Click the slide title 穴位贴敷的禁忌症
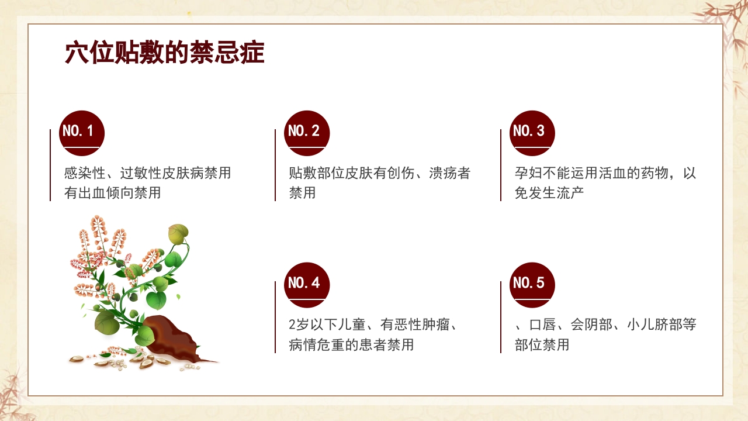tap(164, 53)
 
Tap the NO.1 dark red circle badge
tap(82, 133)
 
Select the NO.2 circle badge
tap(307, 133)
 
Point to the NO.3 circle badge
tap(532, 133)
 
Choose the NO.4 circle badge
tap(307, 285)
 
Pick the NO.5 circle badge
tap(532, 285)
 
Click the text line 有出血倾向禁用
tap(112, 192)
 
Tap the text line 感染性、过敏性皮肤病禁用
tap(147, 173)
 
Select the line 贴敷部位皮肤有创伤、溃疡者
tap(379, 173)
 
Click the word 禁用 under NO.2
tap(302, 192)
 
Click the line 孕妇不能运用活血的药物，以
tap(605, 173)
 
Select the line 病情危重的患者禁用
tap(351, 344)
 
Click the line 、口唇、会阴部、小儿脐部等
tap(605, 325)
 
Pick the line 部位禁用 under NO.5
tap(542, 344)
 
